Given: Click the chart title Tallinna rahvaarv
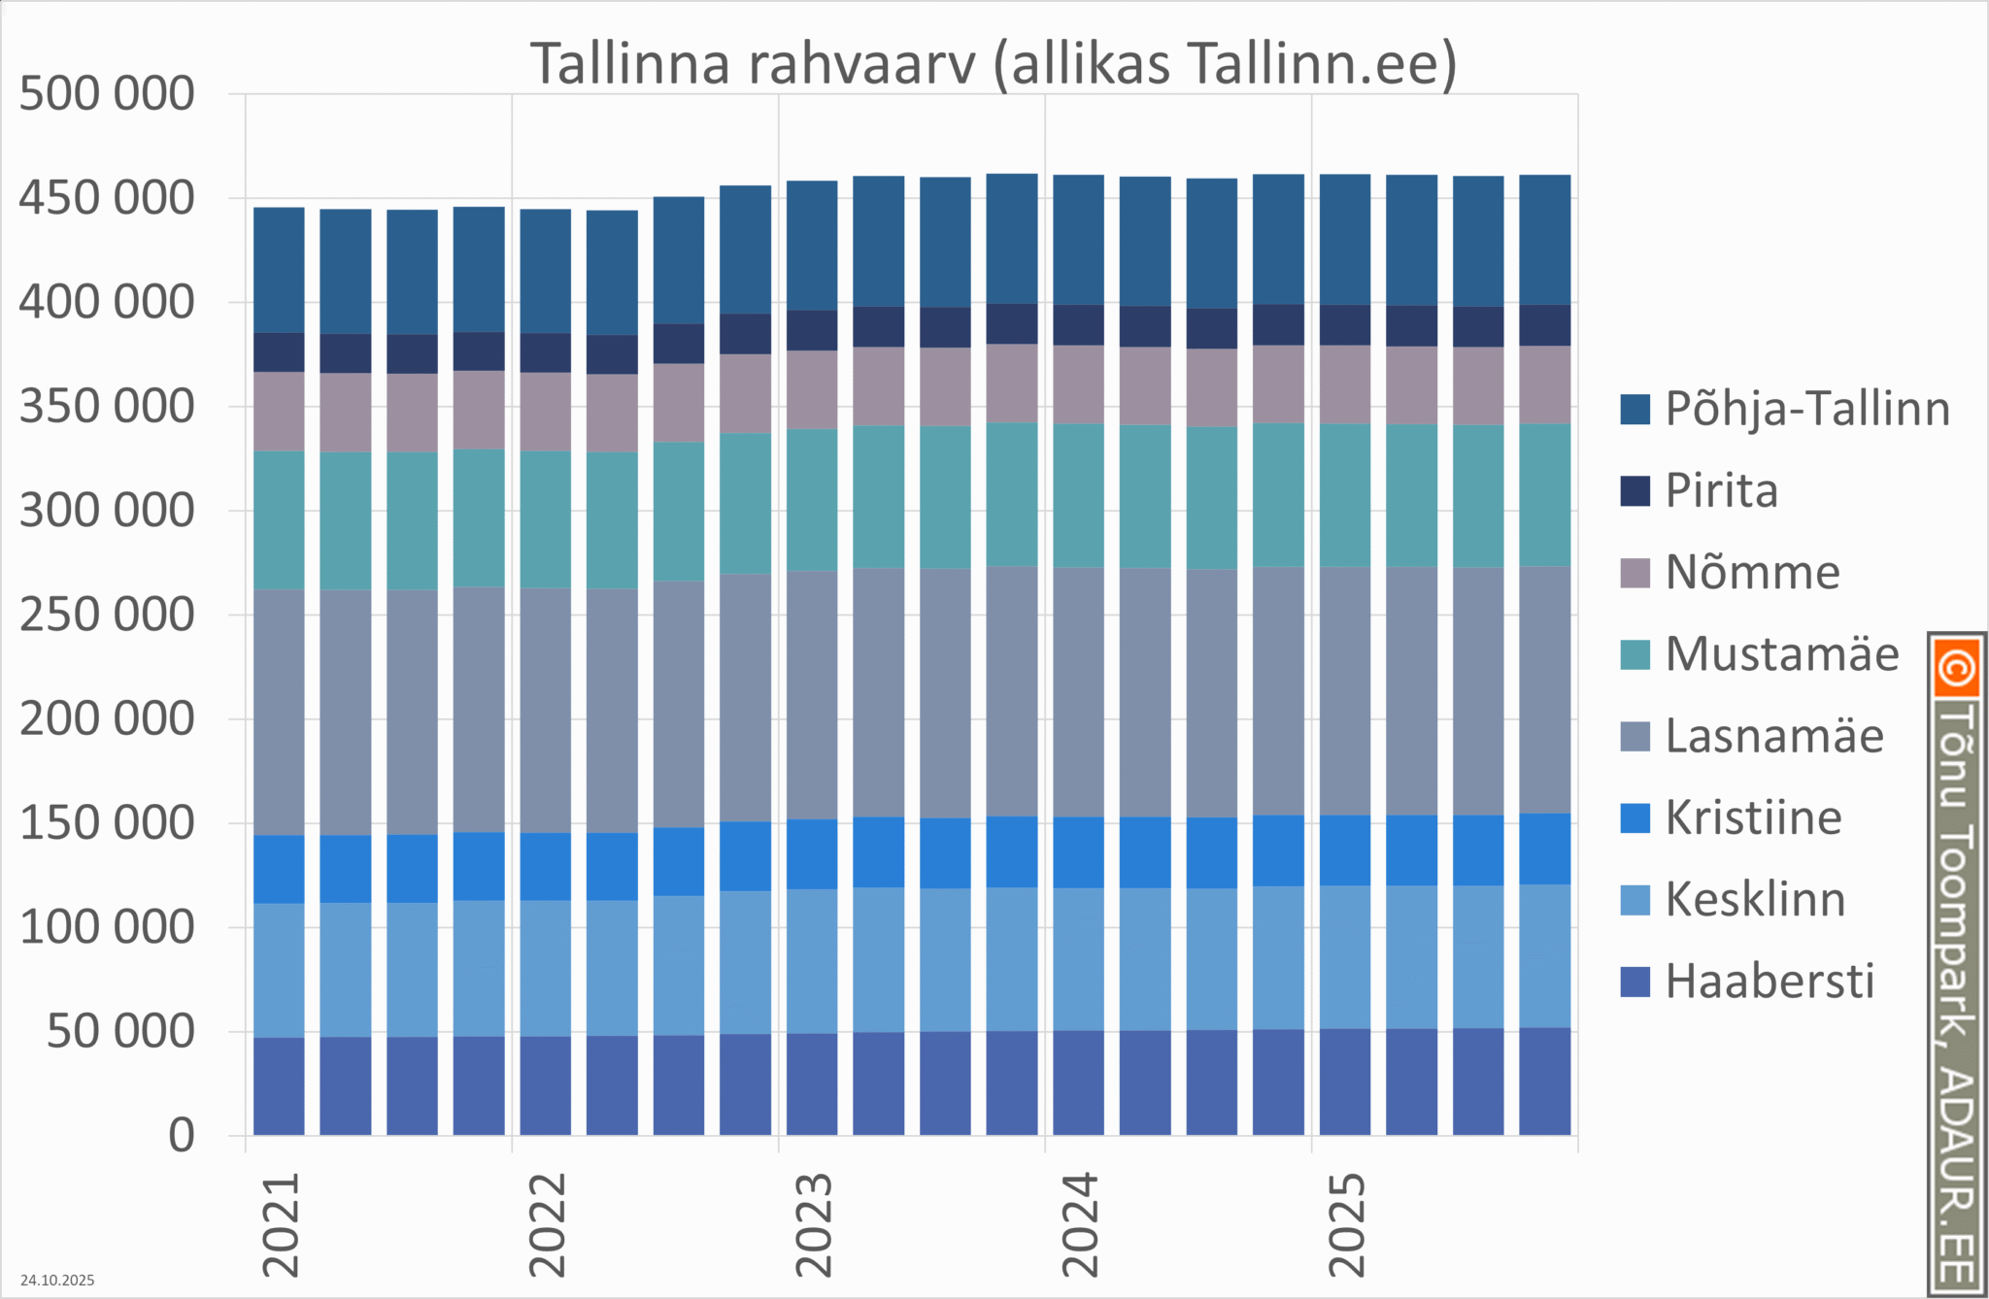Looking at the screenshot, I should click(x=993, y=64).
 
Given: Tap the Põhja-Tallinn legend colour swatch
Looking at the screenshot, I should click(x=1635, y=410).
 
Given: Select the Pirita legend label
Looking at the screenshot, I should click(x=1721, y=491).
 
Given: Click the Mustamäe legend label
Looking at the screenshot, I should click(x=1781, y=654).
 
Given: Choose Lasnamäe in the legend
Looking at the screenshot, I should click(x=1773, y=736).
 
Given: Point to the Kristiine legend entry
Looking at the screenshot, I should click(x=1753, y=817).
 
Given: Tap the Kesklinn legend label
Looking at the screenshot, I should click(x=1755, y=900).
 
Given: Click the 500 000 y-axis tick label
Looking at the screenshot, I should click(x=107, y=95).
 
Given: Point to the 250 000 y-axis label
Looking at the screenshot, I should click(x=107, y=616).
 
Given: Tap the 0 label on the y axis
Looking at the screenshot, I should click(x=182, y=1136).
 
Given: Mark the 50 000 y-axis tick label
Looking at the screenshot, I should click(x=120, y=1032).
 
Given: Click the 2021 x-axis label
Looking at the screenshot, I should click(x=282, y=1225).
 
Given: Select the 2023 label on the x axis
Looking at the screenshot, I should click(x=814, y=1225).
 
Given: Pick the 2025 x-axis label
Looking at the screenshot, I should click(x=1347, y=1225).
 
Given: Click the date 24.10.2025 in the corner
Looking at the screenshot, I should click(x=57, y=1281).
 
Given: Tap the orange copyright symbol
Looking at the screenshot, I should click(x=1956, y=668).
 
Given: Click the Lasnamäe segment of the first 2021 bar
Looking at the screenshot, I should click(x=279, y=713).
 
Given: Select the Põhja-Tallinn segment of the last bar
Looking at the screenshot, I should click(x=1544, y=240).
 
